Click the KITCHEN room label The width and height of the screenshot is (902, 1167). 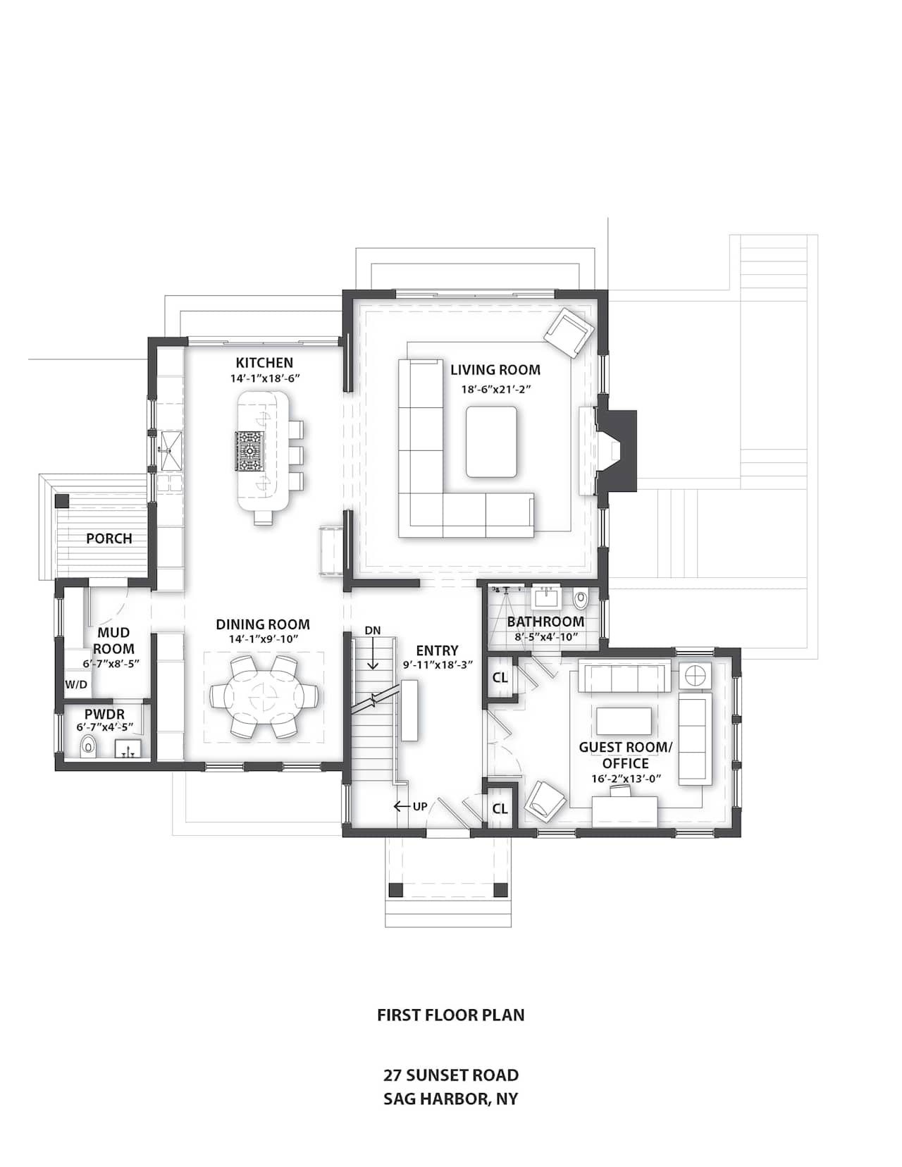click(x=265, y=362)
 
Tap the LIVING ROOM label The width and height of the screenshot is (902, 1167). click(x=495, y=369)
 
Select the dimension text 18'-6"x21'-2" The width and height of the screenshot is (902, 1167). click(x=495, y=389)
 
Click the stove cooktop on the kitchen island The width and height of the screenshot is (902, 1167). click(x=249, y=450)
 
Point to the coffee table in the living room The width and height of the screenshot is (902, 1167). click(x=491, y=441)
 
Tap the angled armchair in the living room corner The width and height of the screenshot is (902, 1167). click(x=569, y=332)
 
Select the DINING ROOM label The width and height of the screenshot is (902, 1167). click(x=263, y=624)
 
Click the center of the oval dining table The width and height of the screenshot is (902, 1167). click(x=263, y=696)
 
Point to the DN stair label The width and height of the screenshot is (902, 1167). click(x=372, y=630)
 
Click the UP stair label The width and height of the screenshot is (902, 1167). click(x=420, y=806)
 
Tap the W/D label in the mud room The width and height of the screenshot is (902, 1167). click(x=75, y=684)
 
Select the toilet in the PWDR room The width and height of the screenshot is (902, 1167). click(x=88, y=746)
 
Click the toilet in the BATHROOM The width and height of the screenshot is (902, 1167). click(x=580, y=599)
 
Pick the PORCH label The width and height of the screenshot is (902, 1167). click(x=109, y=538)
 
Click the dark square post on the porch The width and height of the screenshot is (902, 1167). click(x=62, y=500)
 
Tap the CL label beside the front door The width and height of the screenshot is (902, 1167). click(x=500, y=808)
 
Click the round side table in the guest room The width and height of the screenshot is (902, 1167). click(x=695, y=675)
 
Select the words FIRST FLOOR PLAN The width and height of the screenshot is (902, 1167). click(x=451, y=1015)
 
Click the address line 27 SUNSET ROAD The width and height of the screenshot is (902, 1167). click(x=451, y=1075)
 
